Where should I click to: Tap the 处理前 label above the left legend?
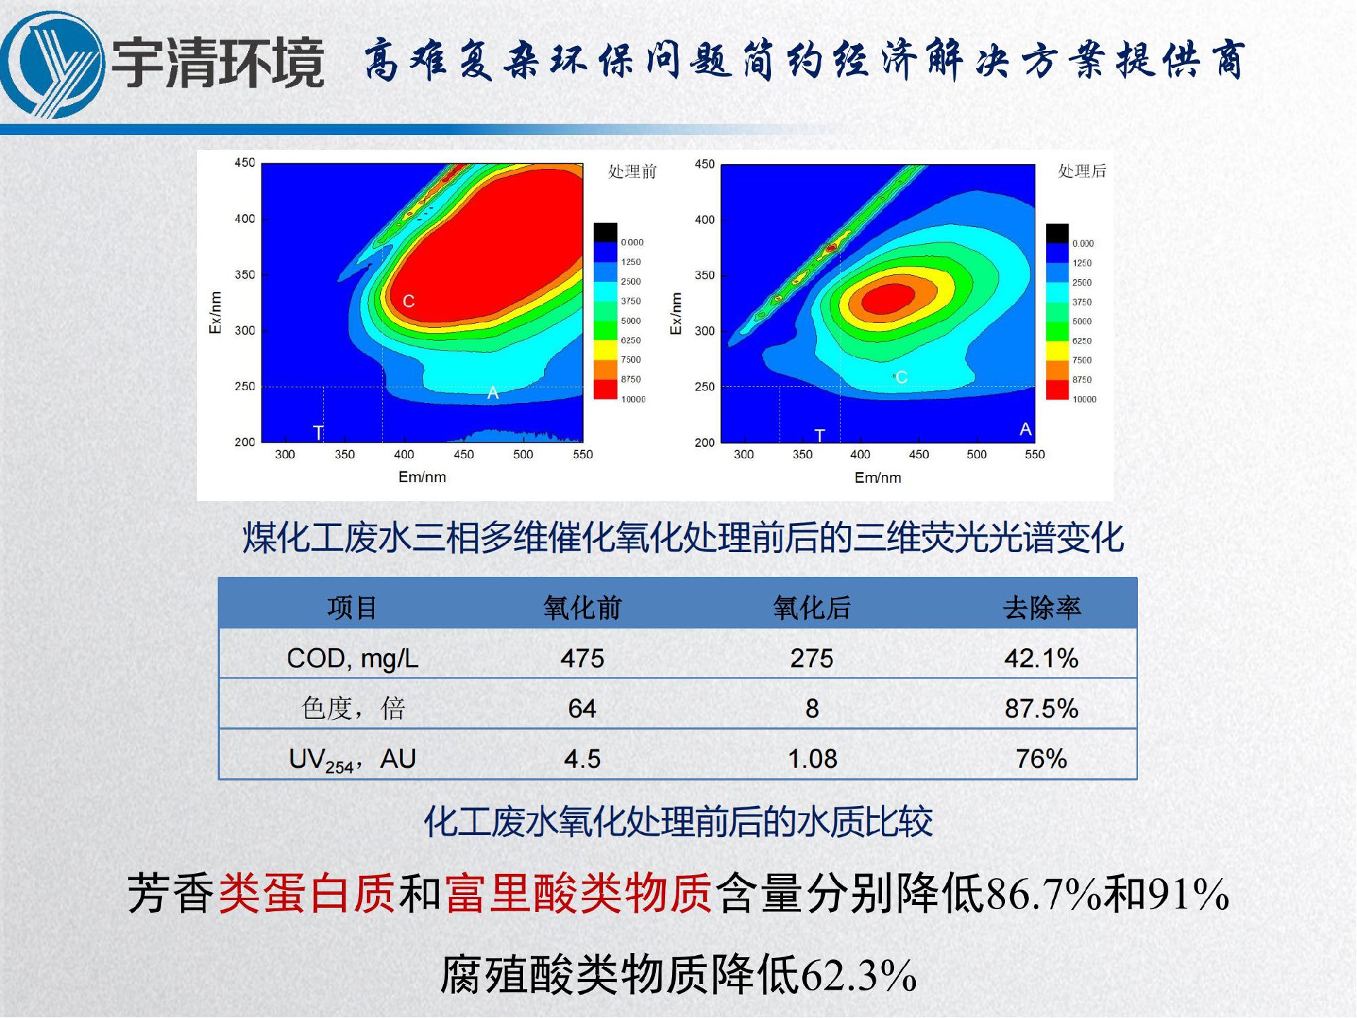click(632, 172)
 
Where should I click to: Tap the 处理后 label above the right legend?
click(1081, 171)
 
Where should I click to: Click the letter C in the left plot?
click(409, 301)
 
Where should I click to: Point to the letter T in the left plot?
click(318, 432)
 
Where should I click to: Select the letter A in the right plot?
click(1025, 429)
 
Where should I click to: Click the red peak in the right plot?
click(888, 298)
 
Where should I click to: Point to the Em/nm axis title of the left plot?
click(422, 477)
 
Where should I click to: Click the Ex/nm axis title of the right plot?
click(676, 313)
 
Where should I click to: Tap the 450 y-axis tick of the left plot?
click(245, 163)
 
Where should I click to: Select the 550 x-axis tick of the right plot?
click(1034, 455)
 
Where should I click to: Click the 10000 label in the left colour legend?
click(633, 399)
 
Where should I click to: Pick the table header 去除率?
click(1041, 607)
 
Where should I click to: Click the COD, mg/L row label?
click(353, 658)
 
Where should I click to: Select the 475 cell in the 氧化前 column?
click(582, 658)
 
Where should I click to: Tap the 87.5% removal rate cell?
click(1041, 708)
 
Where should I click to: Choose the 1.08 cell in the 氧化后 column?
click(812, 759)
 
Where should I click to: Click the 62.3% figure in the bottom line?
click(858, 975)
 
